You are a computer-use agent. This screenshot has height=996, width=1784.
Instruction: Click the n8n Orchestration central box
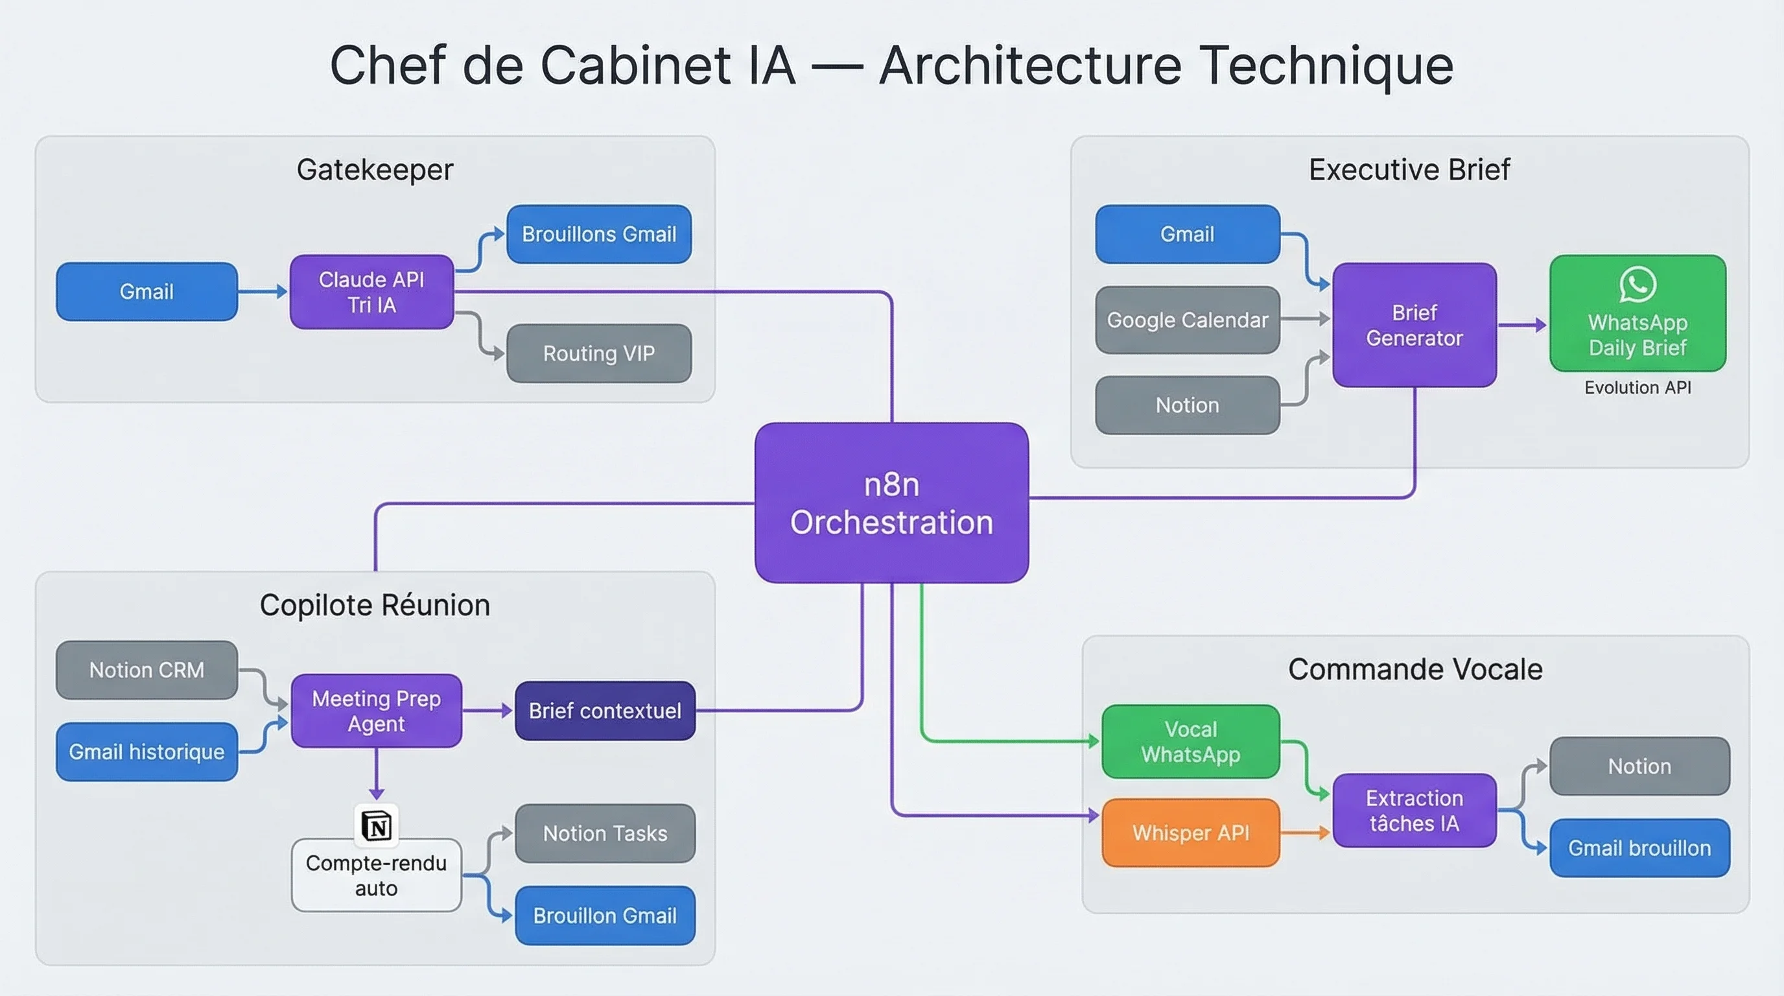(891, 503)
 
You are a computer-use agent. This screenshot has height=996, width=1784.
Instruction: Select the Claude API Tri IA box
(372, 292)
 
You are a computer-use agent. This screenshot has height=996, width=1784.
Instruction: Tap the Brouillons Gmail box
(599, 234)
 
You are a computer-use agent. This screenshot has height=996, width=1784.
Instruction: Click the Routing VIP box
(599, 353)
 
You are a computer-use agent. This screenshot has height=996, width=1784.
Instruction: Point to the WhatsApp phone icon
(1638, 284)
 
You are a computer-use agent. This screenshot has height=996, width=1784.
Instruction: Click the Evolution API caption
(1638, 387)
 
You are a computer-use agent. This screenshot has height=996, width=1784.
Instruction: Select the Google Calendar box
(1187, 320)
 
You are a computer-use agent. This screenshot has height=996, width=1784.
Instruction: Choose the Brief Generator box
(1414, 325)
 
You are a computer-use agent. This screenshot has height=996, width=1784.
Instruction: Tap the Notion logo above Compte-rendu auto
(377, 825)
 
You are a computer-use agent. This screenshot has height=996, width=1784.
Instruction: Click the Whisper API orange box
(1190, 833)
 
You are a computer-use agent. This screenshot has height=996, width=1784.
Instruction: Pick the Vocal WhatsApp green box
(1190, 741)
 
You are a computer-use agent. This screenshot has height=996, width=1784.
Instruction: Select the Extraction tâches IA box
(1414, 811)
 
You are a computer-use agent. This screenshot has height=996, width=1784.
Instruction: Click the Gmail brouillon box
(1639, 848)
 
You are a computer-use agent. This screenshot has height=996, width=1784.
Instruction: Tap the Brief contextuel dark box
(605, 711)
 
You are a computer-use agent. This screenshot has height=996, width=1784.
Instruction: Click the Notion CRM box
(147, 670)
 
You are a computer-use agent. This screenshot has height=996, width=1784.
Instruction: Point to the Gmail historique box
(147, 752)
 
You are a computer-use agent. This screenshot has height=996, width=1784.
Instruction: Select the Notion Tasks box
(605, 833)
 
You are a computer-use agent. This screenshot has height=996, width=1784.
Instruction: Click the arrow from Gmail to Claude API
(263, 292)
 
